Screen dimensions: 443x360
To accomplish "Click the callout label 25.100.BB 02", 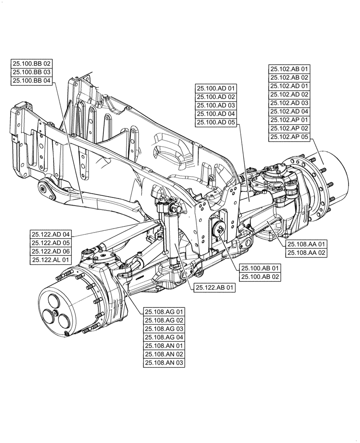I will [31, 64].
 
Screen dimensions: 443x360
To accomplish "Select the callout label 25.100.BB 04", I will [31, 81].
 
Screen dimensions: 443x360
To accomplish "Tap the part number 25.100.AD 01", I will [216, 89].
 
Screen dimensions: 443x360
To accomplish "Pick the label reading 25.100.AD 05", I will [216, 122].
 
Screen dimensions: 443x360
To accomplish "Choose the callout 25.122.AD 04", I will [51, 234].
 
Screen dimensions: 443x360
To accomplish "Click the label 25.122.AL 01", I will [51, 260].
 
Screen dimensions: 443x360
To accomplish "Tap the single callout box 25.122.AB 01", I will [214, 288].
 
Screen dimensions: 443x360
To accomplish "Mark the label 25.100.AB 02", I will [260, 277].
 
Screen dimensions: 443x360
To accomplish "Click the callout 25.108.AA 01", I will [306, 244].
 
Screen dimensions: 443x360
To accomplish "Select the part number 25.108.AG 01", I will [164, 312].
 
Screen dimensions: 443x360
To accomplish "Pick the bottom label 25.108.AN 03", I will [164, 363].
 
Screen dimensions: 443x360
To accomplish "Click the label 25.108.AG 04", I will [164, 337].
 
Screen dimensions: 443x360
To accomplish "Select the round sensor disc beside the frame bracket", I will [219, 229].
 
